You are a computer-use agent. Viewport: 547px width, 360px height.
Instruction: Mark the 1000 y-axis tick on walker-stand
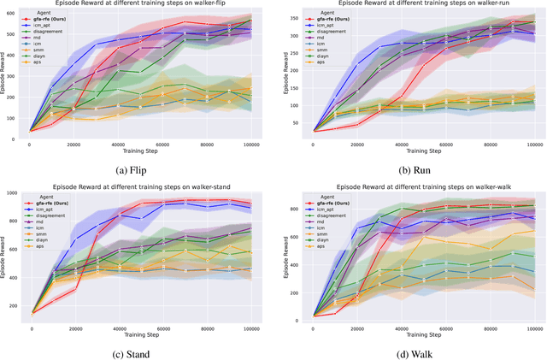pos(15,193)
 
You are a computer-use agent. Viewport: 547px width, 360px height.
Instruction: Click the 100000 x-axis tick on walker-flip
pos(252,145)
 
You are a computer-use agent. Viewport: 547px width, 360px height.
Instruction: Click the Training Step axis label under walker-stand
pos(140,333)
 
